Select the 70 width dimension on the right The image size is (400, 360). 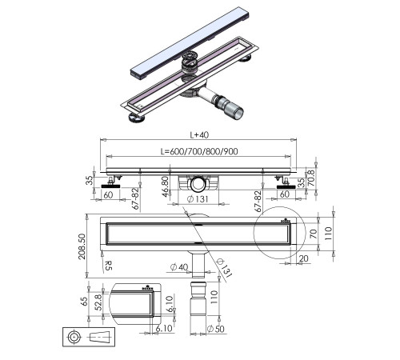click(x=314, y=233)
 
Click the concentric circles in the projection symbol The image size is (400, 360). click(x=74, y=338)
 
